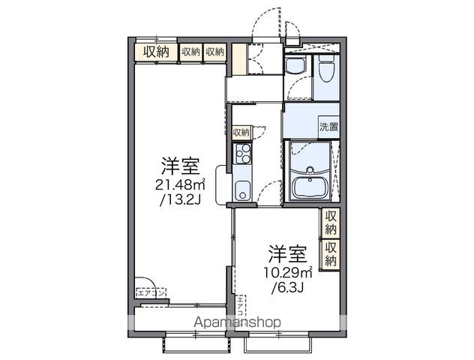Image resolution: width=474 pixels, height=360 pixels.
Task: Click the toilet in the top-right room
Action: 325,70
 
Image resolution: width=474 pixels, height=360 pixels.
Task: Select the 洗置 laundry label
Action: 328,127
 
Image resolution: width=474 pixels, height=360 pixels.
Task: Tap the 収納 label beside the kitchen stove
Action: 241,132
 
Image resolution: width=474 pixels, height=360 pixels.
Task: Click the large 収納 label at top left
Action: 156,52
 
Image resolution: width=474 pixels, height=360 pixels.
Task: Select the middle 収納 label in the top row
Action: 190,52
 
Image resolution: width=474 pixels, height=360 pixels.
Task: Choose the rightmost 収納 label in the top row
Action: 214,52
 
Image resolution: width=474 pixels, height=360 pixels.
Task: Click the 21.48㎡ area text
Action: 179,184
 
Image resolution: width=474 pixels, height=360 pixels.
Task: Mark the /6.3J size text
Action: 286,287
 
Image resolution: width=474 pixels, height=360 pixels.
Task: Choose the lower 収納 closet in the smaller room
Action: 330,253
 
